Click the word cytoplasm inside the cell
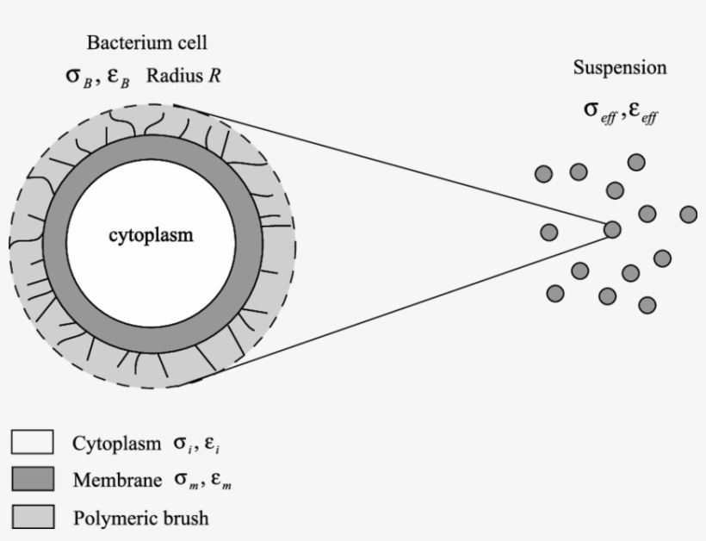[x=151, y=235]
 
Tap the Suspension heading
[x=620, y=68]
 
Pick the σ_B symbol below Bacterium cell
[x=79, y=75]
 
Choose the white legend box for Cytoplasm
[x=33, y=443]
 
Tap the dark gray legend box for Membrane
[x=33, y=480]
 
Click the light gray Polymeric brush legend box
[x=33, y=517]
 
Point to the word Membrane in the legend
[x=111, y=481]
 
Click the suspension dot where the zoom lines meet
[x=612, y=229]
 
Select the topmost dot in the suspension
[x=637, y=162]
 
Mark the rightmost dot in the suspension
[x=688, y=214]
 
